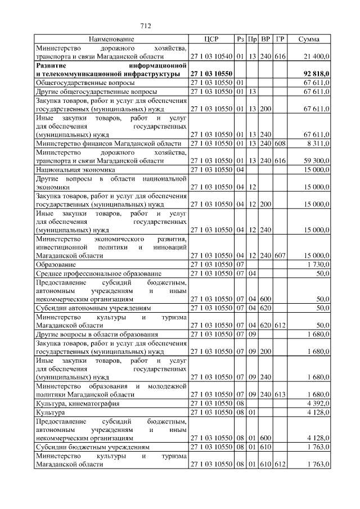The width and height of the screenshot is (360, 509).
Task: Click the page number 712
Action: (x=146, y=26)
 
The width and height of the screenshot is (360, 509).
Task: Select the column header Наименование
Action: (x=111, y=39)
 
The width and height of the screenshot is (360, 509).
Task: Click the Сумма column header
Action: (x=309, y=39)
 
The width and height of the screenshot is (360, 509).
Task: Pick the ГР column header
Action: (x=281, y=39)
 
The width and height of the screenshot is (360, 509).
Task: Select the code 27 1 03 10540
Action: (x=211, y=57)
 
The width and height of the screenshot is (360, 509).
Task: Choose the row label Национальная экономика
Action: (x=75, y=169)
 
